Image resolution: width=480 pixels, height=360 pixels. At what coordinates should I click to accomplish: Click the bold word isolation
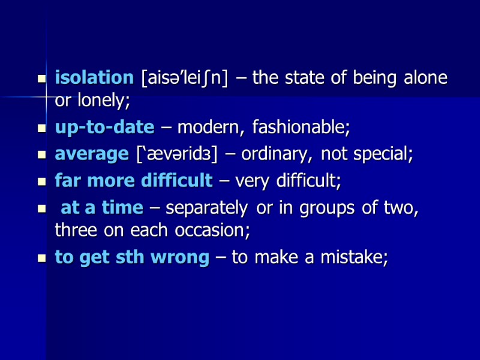pos(94,78)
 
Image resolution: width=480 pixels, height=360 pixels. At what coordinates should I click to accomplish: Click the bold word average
pos(92,154)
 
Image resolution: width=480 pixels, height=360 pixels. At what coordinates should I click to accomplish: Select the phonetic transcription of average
pos(180,154)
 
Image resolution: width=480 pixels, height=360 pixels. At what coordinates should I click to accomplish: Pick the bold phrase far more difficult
pos(134,180)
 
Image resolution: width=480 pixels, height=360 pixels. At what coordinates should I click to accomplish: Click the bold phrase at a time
pos(102,208)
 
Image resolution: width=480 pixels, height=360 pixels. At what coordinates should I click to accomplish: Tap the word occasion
pos(217,230)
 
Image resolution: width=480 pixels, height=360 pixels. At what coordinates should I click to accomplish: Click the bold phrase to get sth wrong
pos(133,257)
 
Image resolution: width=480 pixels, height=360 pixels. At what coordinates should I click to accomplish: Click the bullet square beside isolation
pos(41,79)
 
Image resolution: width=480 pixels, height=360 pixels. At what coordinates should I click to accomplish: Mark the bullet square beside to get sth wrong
pos(41,257)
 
